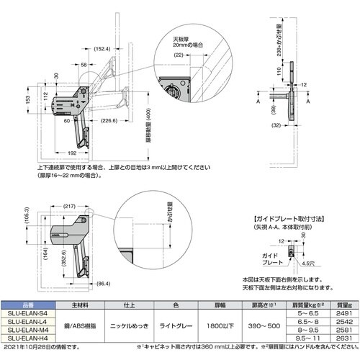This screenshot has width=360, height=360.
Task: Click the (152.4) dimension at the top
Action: tap(102, 49)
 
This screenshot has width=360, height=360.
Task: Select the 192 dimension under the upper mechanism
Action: tap(73, 154)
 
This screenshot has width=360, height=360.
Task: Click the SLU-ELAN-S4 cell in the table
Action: tap(24, 312)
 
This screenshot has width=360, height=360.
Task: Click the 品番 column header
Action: tap(24, 305)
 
